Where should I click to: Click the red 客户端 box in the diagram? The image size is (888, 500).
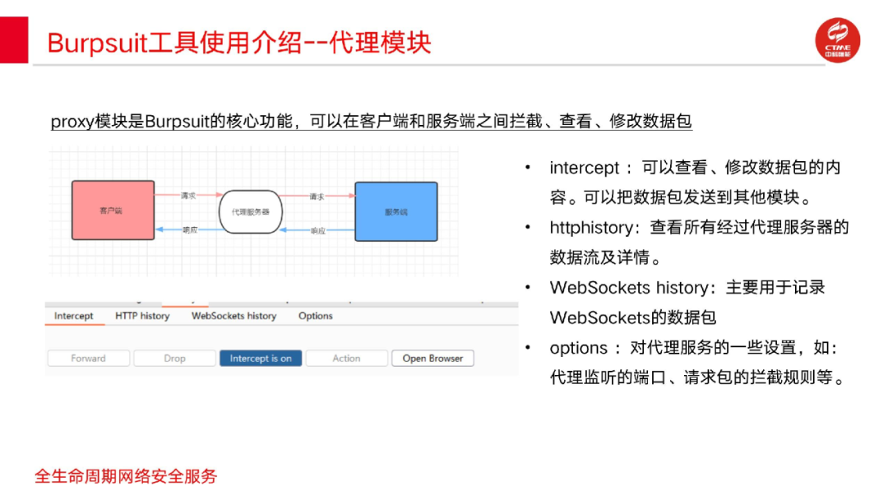(x=113, y=211)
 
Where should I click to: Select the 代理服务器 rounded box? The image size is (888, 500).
(x=251, y=211)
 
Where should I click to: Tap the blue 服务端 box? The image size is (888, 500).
(x=395, y=211)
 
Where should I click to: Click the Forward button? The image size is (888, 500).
(x=88, y=359)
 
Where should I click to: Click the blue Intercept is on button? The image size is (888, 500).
(x=261, y=359)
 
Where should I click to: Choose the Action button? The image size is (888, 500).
(x=346, y=359)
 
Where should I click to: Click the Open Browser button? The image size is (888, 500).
(x=432, y=359)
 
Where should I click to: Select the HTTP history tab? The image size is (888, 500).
(x=142, y=316)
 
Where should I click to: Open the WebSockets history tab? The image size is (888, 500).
(x=234, y=316)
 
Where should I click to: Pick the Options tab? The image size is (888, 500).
(x=316, y=316)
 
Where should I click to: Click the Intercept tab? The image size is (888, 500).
(x=74, y=316)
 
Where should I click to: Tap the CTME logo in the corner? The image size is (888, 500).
(x=837, y=39)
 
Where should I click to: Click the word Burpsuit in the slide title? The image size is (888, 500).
(x=97, y=43)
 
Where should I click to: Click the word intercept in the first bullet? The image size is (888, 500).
(x=584, y=168)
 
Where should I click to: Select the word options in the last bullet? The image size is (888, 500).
(x=579, y=348)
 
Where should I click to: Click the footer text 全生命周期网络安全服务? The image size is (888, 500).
(x=126, y=476)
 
